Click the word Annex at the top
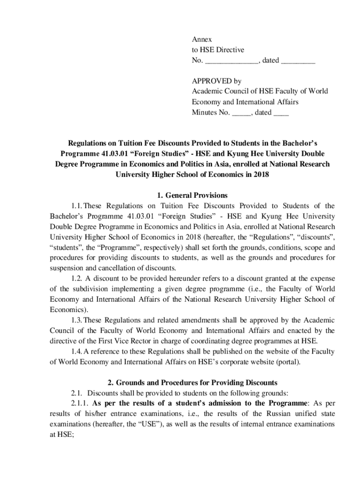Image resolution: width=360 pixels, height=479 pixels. pos(202,40)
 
